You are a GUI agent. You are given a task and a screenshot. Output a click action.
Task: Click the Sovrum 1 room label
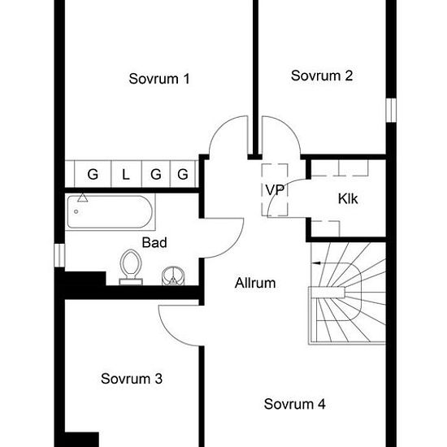click(159, 79)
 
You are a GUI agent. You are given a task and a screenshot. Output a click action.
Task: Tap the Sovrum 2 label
click(322, 76)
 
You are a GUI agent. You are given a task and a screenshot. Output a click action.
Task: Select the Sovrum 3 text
click(132, 379)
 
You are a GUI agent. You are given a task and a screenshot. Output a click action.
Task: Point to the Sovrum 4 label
click(294, 404)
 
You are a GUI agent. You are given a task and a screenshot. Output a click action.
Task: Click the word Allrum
click(255, 283)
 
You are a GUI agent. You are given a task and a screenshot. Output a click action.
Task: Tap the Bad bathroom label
click(154, 243)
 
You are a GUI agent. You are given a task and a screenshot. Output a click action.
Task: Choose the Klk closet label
click(348, 198)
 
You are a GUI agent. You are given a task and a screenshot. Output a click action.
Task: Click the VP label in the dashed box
click(275, 190)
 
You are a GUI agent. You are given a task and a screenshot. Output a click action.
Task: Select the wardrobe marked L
click(126, 174)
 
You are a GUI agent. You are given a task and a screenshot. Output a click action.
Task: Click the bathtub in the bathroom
click(110, 212)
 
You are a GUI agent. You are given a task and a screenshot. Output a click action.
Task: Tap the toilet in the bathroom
click(131, 267)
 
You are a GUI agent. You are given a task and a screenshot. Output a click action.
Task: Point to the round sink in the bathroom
click(173, 276)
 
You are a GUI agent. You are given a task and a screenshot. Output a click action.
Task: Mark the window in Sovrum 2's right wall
click(391, 110)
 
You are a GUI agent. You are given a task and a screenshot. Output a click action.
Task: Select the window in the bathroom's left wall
click(59, 255)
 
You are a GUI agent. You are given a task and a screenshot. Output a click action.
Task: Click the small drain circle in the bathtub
click(76, 211)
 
